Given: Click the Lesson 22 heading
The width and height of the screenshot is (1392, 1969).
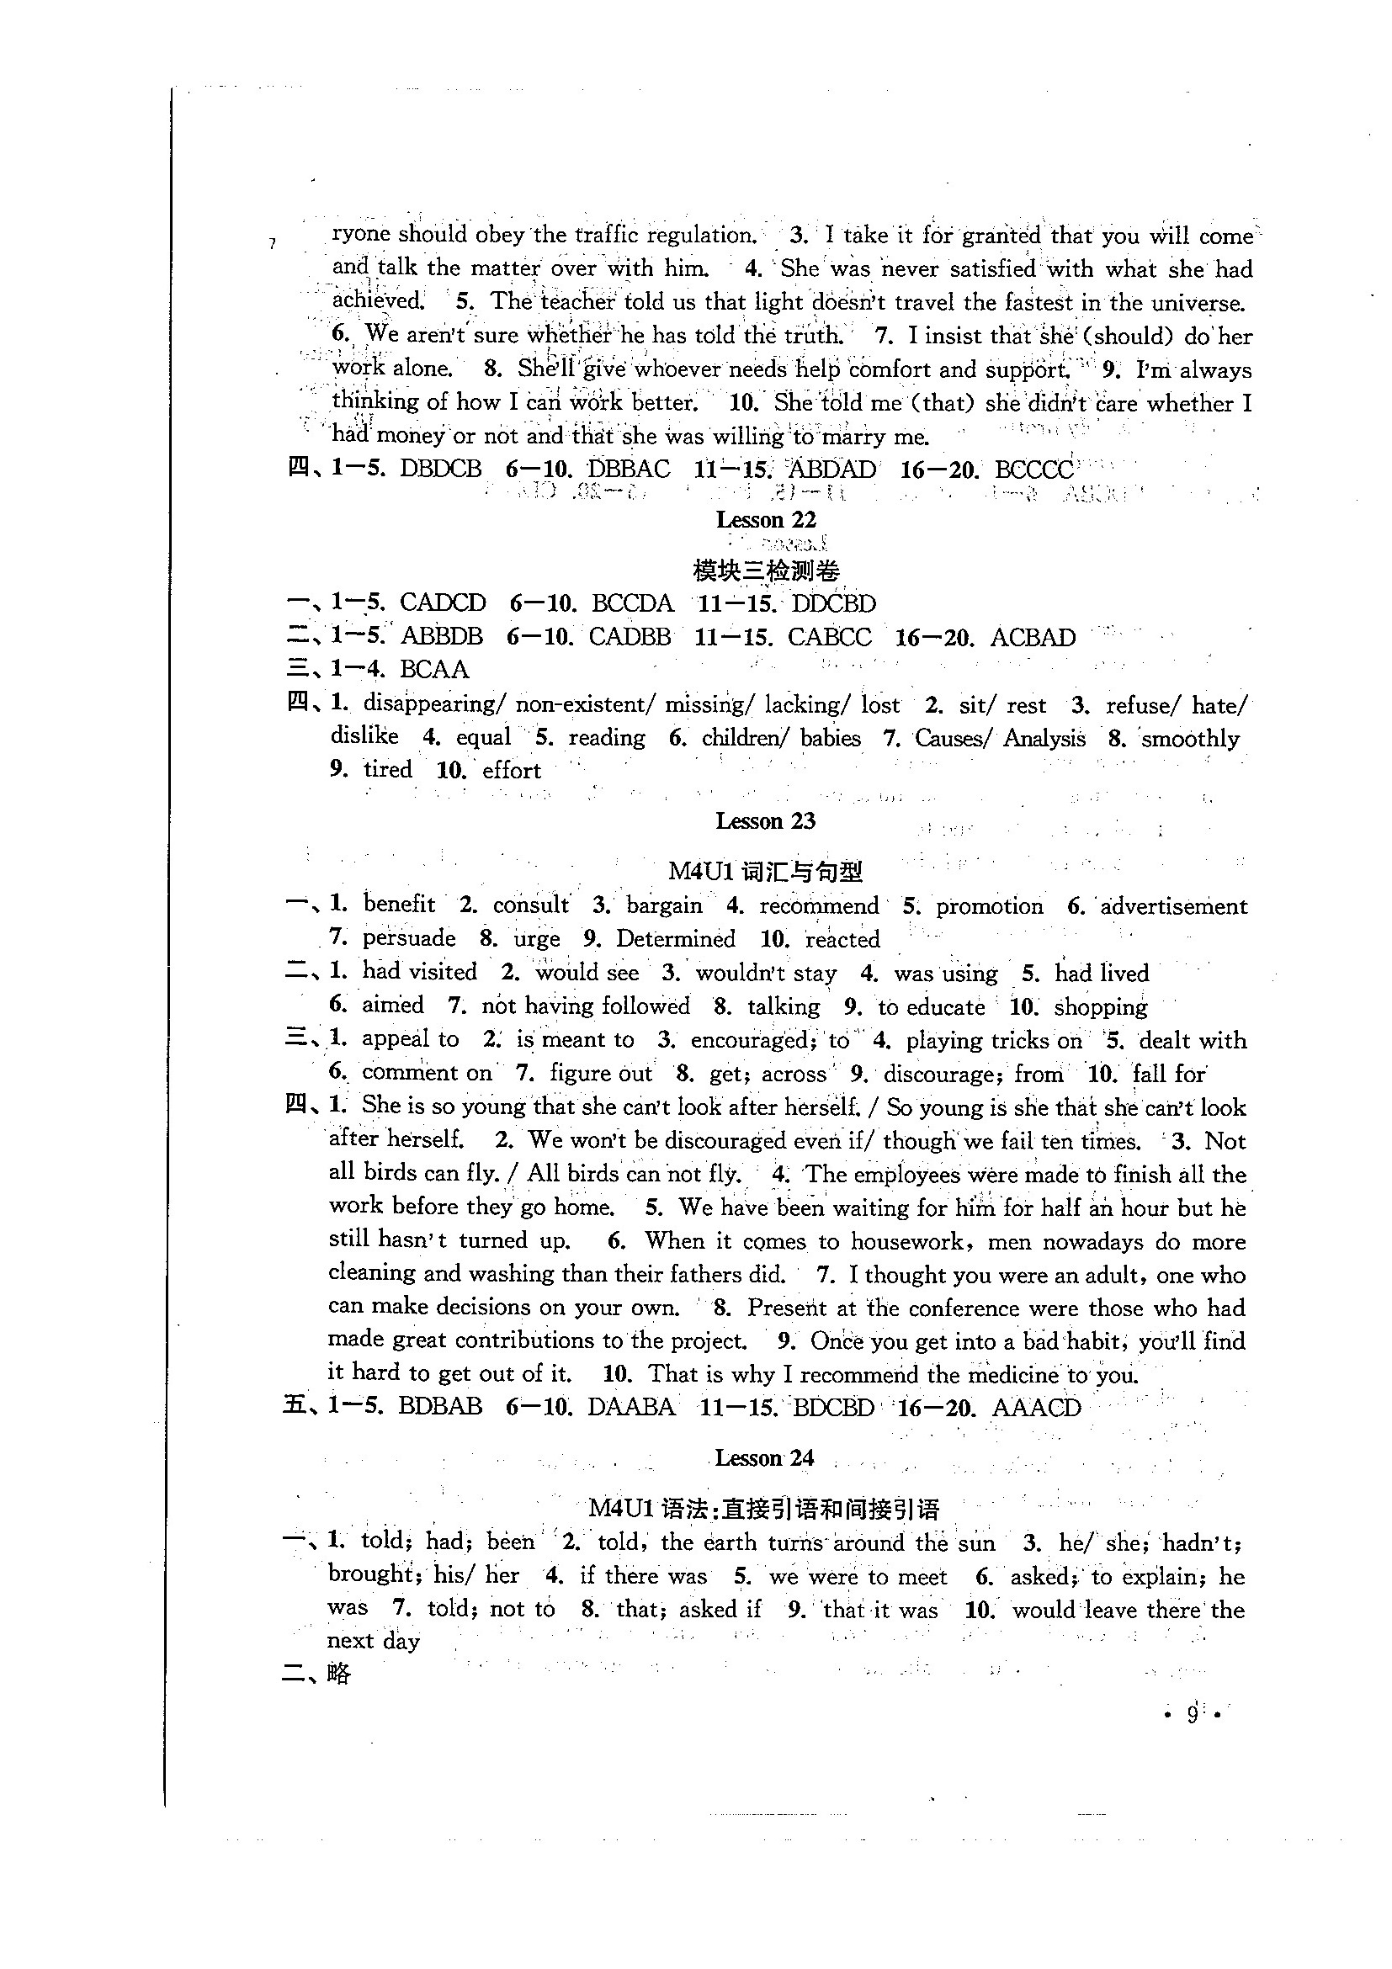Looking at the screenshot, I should click(x=766, y=520).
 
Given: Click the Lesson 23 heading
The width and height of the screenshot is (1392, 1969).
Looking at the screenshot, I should click(x=765, y=821).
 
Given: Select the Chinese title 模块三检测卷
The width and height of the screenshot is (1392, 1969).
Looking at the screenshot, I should click(x=766, y=571).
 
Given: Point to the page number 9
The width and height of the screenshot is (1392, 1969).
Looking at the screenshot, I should click(x=1193, y=1714).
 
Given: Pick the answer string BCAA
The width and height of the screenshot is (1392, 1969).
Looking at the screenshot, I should click(x=434, y=670).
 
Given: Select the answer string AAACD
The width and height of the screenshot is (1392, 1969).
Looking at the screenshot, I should click(x=1036, y=1408).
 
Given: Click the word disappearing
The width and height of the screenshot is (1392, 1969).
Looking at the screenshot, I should click(x=430, y=704).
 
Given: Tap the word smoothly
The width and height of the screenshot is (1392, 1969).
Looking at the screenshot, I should click(x=1191, y=739).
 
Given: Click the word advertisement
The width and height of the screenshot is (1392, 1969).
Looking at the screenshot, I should click(x=1173, y=906).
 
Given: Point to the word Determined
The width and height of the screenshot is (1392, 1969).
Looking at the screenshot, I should click(x=675, y=939).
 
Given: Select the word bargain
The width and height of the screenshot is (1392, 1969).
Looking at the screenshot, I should click(x=664, y=905).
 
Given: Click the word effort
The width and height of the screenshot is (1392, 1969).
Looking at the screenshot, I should click(x=511, y=770).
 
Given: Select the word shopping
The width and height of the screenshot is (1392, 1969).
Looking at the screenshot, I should click(x=1101, y=1006).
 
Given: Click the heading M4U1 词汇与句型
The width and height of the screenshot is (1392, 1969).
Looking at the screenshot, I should click(x=765, y=871).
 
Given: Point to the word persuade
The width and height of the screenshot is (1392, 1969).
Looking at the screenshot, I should click(x=408, y=938).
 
